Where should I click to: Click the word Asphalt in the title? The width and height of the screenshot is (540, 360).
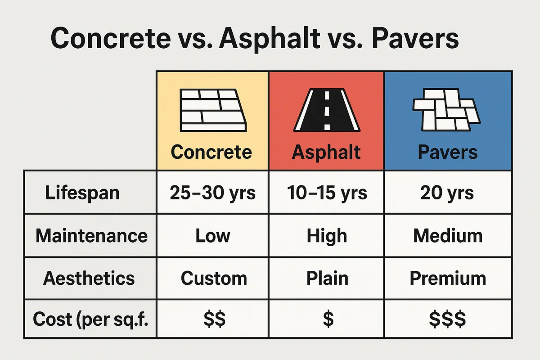point(270,39)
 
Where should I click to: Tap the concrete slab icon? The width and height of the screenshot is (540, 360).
point(213,110)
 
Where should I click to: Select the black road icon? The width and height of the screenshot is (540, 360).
point(327,110)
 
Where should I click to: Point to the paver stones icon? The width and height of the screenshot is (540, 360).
point(447,110)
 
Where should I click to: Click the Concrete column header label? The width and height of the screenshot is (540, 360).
point(211,152)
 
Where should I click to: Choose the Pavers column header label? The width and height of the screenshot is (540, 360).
point(448,152)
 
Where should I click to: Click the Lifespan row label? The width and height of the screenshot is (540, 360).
point(82,193)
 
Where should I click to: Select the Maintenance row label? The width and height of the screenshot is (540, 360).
point(92,236)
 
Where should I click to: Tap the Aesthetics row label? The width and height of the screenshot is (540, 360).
point(89,278)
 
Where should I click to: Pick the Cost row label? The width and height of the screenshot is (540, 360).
point(90,319)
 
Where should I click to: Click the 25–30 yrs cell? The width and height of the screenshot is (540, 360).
point(212,193)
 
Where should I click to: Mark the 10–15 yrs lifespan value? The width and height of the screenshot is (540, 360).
point(327,193)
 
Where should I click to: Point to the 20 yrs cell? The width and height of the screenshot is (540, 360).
point(447,193)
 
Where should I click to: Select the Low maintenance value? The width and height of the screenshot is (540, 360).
point(213,236)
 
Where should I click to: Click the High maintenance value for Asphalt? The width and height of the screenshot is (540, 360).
point(327,236)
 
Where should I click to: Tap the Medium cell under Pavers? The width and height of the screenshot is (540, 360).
point(448,236)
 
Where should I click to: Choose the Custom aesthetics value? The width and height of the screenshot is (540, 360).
point(214,278)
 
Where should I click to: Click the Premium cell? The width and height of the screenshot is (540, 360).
point(448,278)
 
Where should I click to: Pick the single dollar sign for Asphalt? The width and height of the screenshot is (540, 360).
point(328,319)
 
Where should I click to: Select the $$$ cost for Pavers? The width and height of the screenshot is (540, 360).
point(447,319)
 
